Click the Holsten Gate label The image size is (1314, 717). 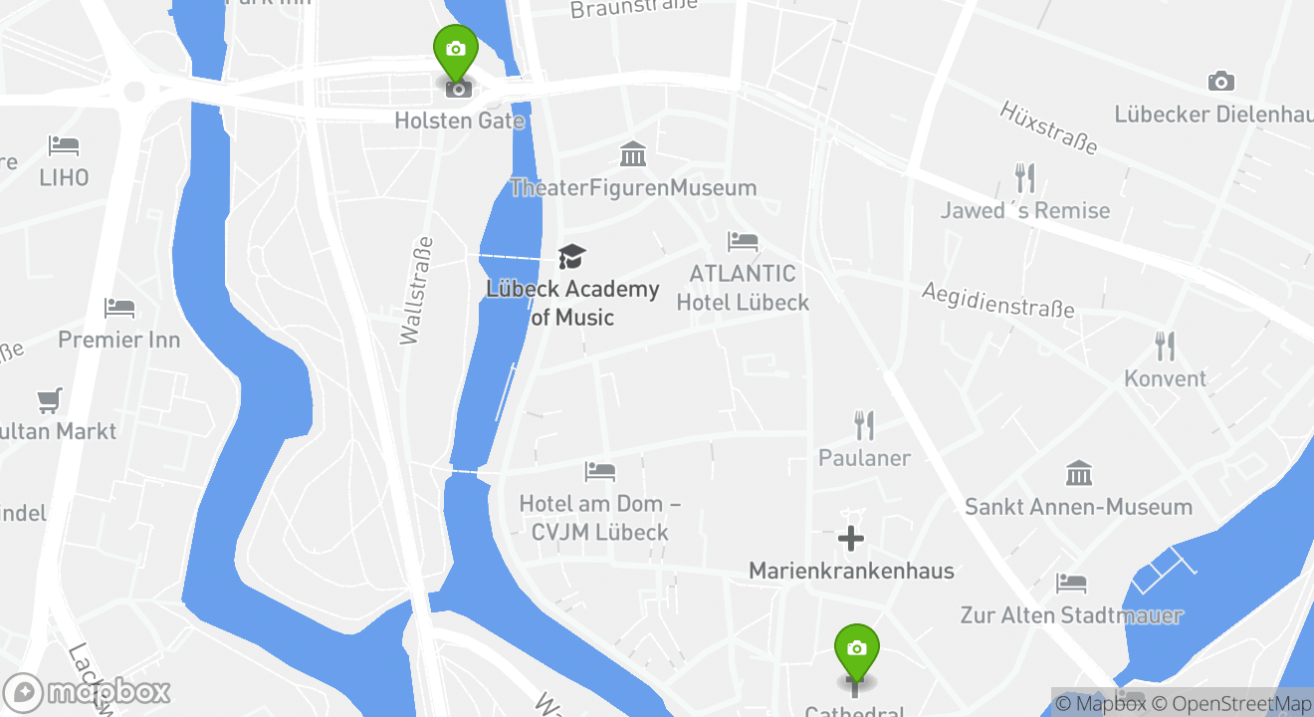tap(459, 120)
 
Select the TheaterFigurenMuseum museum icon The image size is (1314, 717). tap(633, 155)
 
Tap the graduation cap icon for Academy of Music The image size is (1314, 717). tap(571, 257)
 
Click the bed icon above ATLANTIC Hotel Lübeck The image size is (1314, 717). tap(743, 241)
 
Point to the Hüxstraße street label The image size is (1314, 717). tap(1048, 127)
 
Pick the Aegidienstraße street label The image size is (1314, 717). tap(997, 299)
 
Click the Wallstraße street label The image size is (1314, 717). tap(416, 291)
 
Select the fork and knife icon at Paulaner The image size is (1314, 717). tap(864, 426)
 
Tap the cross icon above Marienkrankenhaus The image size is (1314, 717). tap(850, 539)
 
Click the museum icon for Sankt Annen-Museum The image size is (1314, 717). tap(1079, 474)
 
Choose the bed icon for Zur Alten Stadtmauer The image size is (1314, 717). tap(1071, 583)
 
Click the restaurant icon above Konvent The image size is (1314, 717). tap(1165, 347)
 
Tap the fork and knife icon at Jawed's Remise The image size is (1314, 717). tap(1024, 178)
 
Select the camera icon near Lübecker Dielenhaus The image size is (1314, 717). tap(1220, 82)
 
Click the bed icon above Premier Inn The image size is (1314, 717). tap(119, 308)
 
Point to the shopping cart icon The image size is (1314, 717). tap(50, 400)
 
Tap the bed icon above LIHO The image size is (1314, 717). tap(64, 145)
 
